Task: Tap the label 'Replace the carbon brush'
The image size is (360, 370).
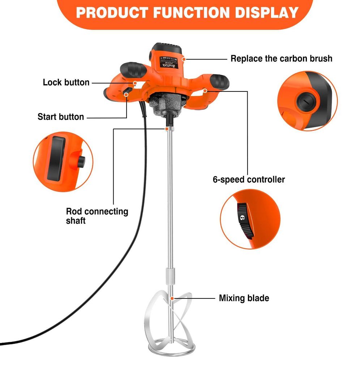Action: click(x=282, y=59)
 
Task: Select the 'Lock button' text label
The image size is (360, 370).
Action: click(x=66, y=82)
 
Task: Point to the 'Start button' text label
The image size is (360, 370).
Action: click(x=61, y=117)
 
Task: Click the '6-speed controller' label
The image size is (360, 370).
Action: click(x=249, y=180)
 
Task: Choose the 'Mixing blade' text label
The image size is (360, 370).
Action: click(x=244, y=298)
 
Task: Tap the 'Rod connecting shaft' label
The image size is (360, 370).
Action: click(x=97, y=216)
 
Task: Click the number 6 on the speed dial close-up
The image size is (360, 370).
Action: click(x=243, y=218)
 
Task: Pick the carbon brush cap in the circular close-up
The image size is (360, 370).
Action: click(x=306, y=102)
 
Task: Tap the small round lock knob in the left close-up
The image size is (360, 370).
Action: click(x=81, y=162)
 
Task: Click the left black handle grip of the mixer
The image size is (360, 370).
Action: click(x=133, y=69)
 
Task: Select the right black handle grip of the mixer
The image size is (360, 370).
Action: click(x=219, y=81)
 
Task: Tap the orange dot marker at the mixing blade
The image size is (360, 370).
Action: click(x=172, y=298)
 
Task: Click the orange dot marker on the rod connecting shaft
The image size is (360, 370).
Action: click(x=167, y=129)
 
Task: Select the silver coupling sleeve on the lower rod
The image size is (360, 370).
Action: click(x=171, y=276)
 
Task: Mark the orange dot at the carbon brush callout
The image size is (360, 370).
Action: click(x=184, y=59)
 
